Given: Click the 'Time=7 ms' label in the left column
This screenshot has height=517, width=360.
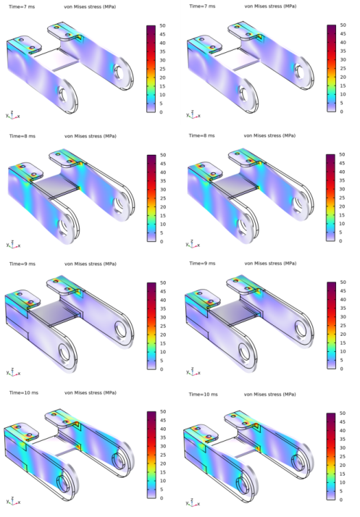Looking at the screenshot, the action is [22, 7].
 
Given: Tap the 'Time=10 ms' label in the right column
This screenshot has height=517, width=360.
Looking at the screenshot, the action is [204, 395].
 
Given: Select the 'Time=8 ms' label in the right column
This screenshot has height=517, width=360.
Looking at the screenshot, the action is [201, 135].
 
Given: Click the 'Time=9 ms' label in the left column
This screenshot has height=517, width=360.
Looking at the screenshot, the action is [22, 264].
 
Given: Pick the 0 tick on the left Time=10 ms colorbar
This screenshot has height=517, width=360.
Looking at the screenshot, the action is [162, 498].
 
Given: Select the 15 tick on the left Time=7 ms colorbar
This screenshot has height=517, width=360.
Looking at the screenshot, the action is [162, 86].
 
